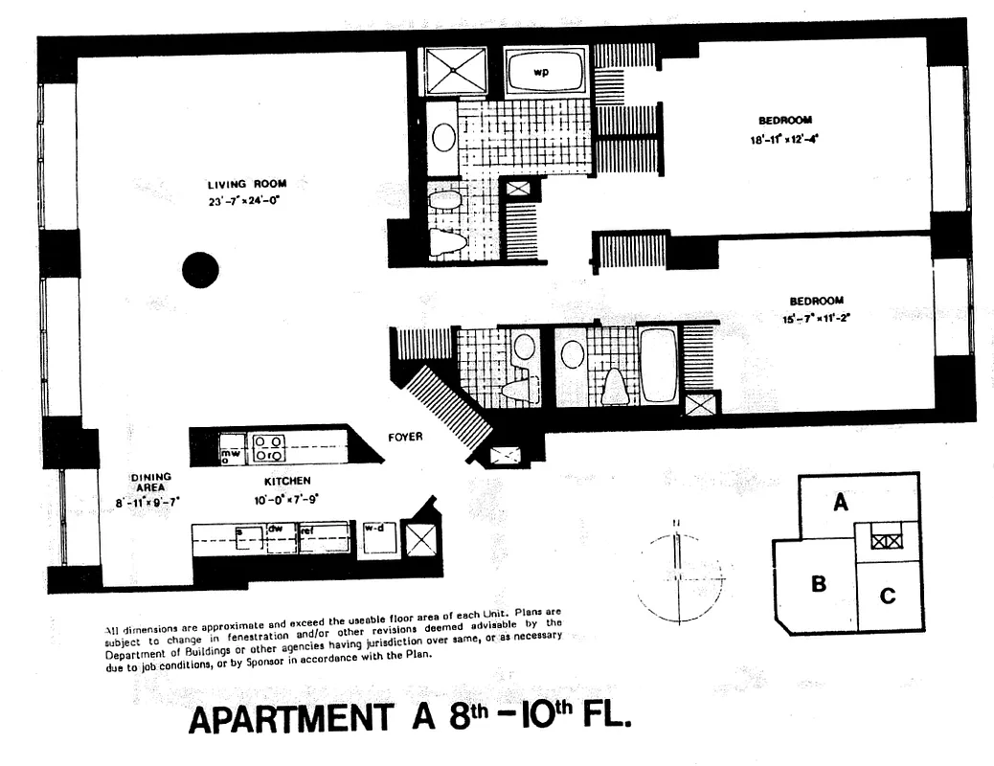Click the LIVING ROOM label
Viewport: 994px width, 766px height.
pyautogui.click(x=247, y=184)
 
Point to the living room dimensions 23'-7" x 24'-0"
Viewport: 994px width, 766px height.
pyautogui.click(x=247, y=201)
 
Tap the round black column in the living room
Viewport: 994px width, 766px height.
pyautogui.click(x=200, y=270)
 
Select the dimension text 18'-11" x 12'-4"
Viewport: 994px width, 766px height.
pyautogui.click(x=785, y=138)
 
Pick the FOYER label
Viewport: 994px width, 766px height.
pyautogui.click(x=405, y=437)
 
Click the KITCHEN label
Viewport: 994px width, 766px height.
pyautogui.click(x=288, y=482)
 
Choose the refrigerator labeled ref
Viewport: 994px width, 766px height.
pyautogui.click(x=325, y=537)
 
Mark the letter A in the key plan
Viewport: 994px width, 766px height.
pyautogui.click(x=840, y=502)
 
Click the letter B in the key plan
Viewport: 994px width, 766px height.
pyautogui.click(x=819, y=583)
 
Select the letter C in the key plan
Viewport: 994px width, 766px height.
pyautogui.click(x=888, y=596)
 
